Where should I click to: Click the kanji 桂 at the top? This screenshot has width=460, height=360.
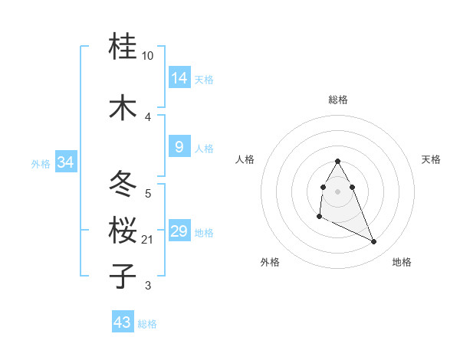coord(123,47)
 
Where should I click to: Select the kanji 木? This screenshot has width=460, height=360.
coord(123,106)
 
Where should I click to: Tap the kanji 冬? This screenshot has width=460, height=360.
coord(123,185)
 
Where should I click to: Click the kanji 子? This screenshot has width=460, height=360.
coord(123,275)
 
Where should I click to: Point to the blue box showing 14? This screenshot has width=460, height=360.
coord(179,77)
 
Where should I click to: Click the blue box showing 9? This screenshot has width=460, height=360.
coord(179,147)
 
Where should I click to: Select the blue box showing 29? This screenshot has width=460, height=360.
coord(179,231)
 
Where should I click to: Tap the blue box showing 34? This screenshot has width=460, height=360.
coord(66,162)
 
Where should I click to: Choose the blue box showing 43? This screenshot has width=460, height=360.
coord(123,322)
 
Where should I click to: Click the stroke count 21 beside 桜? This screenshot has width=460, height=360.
coord(148,240)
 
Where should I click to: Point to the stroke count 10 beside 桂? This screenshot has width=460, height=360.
coord(148,56)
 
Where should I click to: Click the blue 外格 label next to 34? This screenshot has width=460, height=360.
coord(41,163)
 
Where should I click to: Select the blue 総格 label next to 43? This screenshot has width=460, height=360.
coord(147,324)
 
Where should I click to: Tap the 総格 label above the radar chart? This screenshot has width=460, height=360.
coord(338,100)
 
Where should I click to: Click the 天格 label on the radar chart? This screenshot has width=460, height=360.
coord(431,159)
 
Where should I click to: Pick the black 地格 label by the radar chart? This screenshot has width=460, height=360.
coord(402,263)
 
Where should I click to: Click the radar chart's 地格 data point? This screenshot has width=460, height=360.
coord(374,242)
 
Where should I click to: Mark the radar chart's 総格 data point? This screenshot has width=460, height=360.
coord(338,161)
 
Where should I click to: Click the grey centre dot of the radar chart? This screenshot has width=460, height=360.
coord(338,190)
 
